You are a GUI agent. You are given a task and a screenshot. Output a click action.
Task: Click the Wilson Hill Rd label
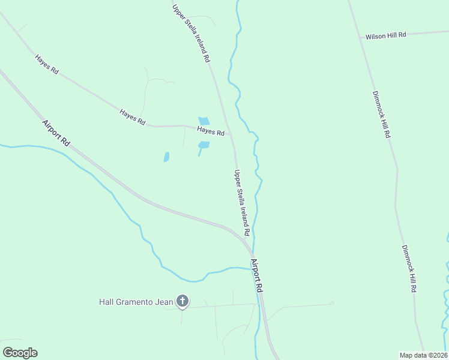pyautogui.click(x=386, y=35)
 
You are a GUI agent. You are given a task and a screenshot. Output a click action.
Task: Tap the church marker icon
pyautogui.click(x=182, y=301)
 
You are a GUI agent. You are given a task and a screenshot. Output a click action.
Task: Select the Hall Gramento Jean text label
pyautogui.click(x=136, y=302)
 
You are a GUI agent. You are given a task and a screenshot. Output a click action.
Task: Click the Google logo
pyautogui.click(x=20, y=353)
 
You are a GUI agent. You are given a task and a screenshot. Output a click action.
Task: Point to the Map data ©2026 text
pyautogui.click(x=424, y=355)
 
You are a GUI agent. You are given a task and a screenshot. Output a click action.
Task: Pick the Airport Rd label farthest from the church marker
pyautogui.click(x=56, y=132)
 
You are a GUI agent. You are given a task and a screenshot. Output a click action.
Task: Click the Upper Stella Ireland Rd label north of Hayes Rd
pyautogui.click(x=191, y=34)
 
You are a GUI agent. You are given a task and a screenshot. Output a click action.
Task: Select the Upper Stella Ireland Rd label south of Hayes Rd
pyautogui.click(x=241, y=202)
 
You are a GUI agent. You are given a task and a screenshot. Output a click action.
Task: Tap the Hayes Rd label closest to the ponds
pyautogui.click(x=211, y=131)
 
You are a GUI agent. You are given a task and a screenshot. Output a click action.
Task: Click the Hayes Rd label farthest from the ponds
pyautogui.click(x=46, y=65)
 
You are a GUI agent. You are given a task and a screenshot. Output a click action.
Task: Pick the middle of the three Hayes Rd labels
pyautogui.click(x=132, y=116)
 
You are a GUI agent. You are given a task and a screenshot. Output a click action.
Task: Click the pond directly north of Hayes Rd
pyautogui.click(x=204, y=121)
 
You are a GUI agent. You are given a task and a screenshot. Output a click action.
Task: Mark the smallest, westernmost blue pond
pyautogui.click(x=166, y=157)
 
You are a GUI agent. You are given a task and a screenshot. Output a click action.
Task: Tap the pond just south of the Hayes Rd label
pyautogui.click(x=203, y=145)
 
